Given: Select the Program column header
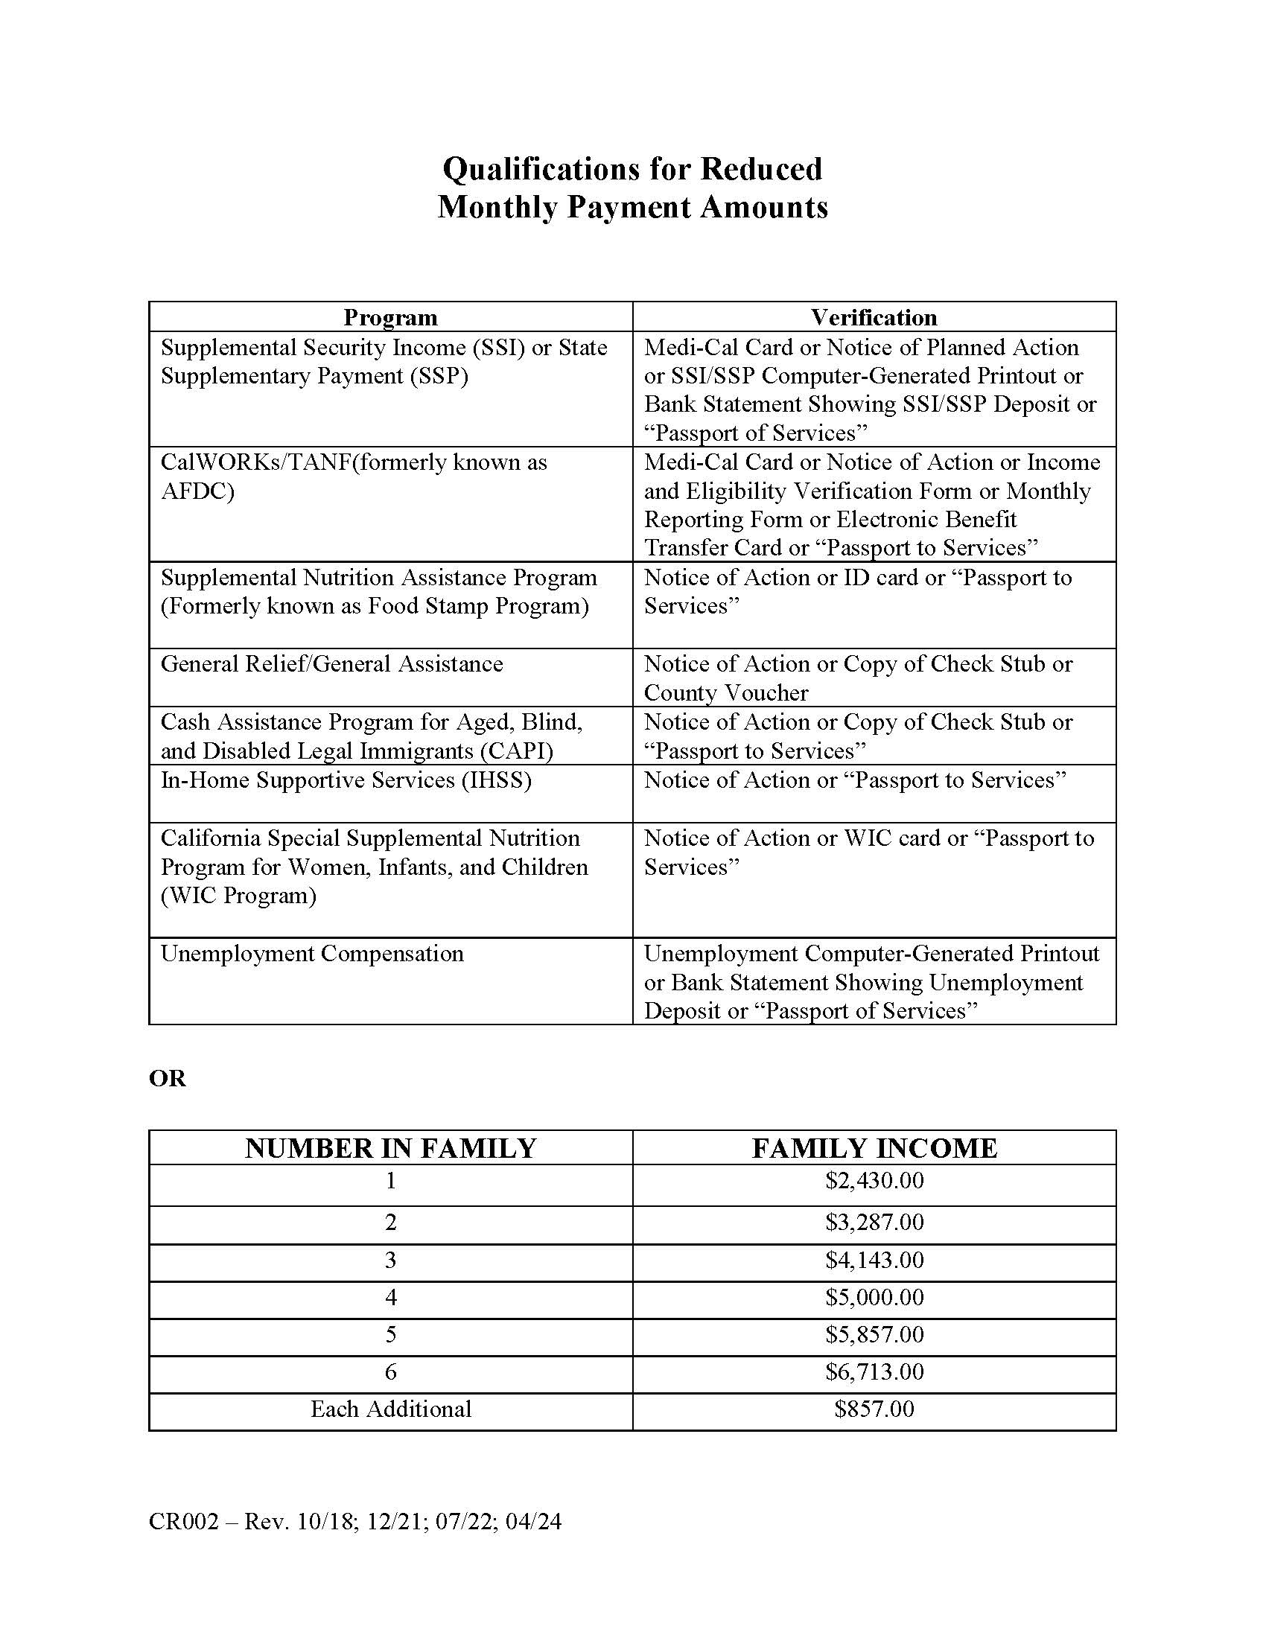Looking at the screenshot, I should coord(390,317).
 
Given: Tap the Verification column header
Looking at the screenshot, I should coord(874,317).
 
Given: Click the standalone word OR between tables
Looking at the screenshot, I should coord(168,1079).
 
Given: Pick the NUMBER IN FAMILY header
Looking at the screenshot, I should coord(390,1148).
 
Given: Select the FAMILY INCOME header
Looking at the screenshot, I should coord(874,1148).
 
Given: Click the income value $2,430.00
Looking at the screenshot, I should coord(874,1181).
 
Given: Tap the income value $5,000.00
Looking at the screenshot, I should coord(874,1297).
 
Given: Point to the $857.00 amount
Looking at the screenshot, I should coord(874,1409).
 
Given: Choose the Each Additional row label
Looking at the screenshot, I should coord(390,1409).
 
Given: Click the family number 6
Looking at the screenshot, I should coord(390,1371).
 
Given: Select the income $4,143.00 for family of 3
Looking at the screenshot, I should coord(874,1259).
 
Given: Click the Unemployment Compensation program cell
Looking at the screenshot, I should coord(312,953).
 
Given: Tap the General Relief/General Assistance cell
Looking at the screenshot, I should coord(331,663).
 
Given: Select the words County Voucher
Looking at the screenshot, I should coord(725,692).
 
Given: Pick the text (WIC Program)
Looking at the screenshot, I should coord(238,896).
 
